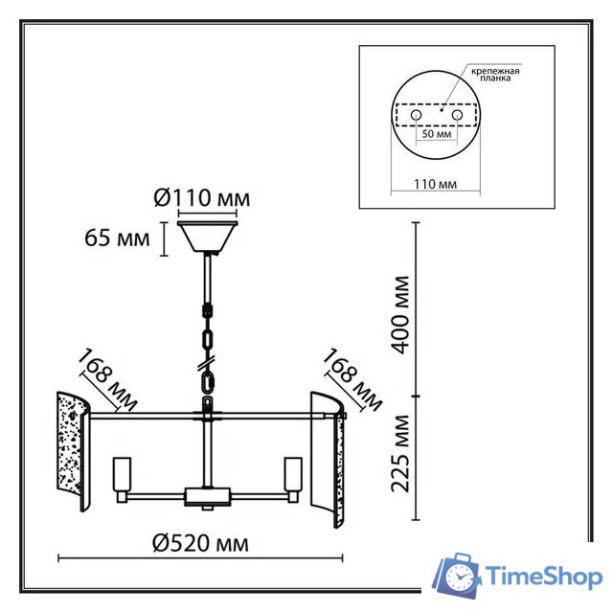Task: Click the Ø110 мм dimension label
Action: [202, 198]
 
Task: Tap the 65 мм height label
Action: [117, 238]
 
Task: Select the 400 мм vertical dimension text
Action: [400, 315]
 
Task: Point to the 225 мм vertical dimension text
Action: [400, 453]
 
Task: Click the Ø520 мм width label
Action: [200, 543]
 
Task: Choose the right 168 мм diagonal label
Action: [352, 379]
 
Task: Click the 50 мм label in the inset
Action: [437, 134]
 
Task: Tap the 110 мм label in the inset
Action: [435, 184]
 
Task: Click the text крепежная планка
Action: [495, 75]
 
